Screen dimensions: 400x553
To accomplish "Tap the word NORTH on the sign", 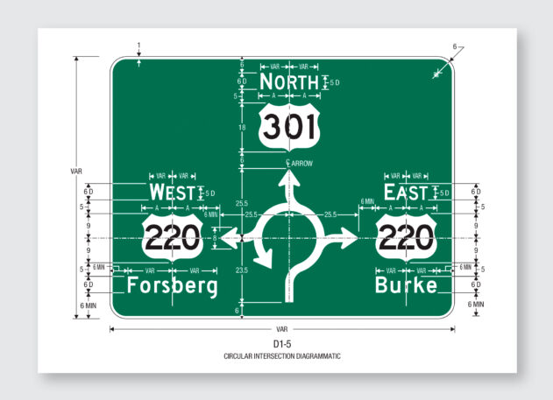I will pyautogui.click(x=289, y=83).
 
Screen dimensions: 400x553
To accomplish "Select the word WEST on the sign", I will pyautogui.click(x=172, y=193).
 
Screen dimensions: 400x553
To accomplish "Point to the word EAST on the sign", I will pyautogui.click(x=406, y=193).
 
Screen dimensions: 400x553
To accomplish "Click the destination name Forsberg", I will pyautogui.click(x=172, y=286).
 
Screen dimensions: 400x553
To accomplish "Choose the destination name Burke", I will pyautogui.click(x=406, y=286).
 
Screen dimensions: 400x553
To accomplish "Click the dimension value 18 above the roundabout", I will pyautogui.click(x=241, y=128).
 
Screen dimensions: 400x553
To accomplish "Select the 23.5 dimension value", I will pyautogui.click(x=241, y=271).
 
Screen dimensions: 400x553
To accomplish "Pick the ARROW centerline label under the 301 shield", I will pyautogui.click(x=301, y=163).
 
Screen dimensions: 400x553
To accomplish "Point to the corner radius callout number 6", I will pyautogui.click(x=455, y=46).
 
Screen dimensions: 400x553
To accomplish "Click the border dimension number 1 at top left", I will pyautogui.click(x=138, y=45).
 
